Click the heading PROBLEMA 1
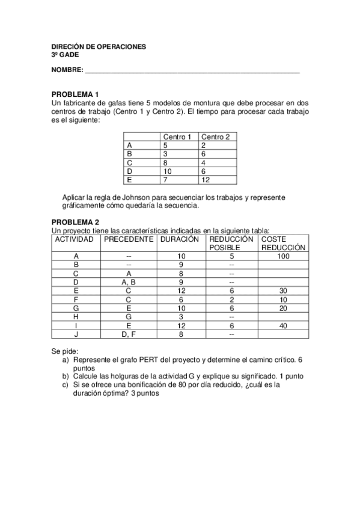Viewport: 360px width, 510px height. [75, 94]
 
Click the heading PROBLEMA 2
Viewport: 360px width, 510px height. [75, 221]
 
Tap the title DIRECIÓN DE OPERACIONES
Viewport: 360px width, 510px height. [98, 47]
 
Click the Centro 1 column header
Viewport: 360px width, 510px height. [177, 137]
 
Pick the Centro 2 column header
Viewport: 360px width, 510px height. [216, 137]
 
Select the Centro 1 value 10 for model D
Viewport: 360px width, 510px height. [168, 171]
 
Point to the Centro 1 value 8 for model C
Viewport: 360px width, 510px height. [165, 162]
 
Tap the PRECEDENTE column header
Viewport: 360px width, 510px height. [129, 239]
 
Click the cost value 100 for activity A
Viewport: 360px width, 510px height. [283, 256]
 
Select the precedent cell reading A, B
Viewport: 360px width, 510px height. [129, 281]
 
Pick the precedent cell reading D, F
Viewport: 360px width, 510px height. [129, 334]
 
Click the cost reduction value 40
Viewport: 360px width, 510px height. [283, 325]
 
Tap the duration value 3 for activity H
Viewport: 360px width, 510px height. [180, 316]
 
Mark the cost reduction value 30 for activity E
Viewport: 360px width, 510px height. [283, 290]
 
